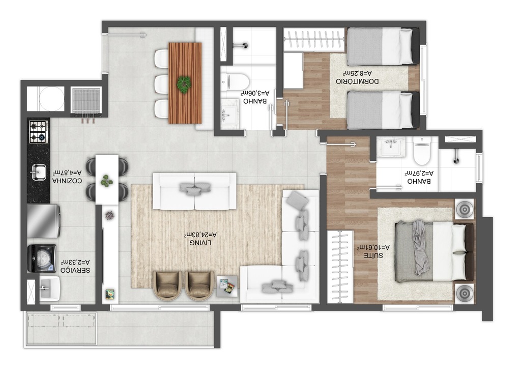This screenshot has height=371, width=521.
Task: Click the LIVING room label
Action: (x=200, y=243)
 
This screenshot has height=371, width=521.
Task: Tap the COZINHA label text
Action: (x=67, y=181)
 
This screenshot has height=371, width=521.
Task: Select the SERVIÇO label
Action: (x=75, y=270)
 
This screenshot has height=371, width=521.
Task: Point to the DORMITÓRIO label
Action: (x=357, y=81)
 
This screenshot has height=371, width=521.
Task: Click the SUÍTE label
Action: (x=373, y=255)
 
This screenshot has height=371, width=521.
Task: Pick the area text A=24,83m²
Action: (x=200, y=235)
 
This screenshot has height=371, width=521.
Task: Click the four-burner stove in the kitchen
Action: (x=39, y=132)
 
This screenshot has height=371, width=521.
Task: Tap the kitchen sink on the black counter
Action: (x=39, y=172)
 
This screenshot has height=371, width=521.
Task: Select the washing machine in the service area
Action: (x=42, y=259)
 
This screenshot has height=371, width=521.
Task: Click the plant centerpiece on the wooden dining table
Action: (x=184, y=83)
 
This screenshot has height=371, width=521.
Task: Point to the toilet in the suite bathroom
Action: (x=422, y=151)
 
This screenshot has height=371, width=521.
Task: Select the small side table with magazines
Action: (x=227, y=286)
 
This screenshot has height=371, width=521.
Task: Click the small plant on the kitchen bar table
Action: (x=107, y=181)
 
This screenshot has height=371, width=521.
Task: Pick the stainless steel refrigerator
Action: (x=44, y=221)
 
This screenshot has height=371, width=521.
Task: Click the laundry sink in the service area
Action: (x=50, y=289)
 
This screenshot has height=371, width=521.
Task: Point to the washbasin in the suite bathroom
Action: (x=392, y=147)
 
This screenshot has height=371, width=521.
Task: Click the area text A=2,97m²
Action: (x=419, y=173)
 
